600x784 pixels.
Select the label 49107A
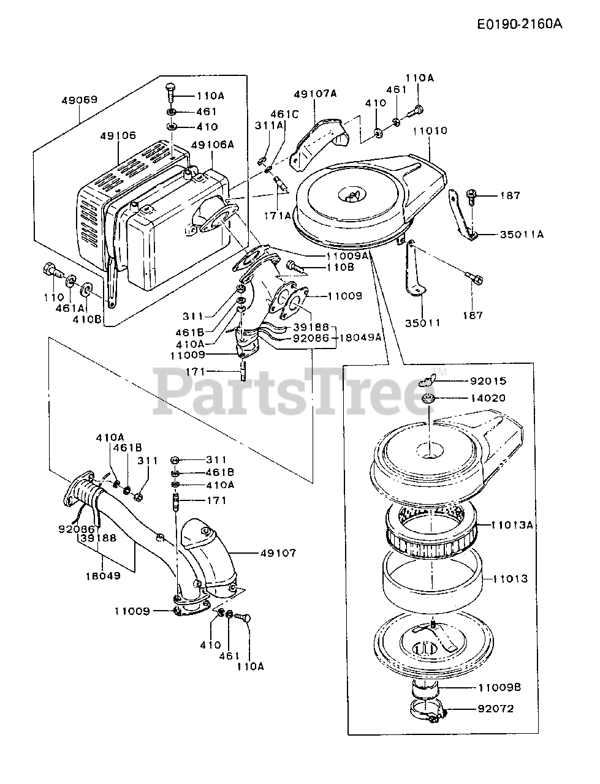(314, 94)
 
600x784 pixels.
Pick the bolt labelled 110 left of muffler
(50, 270)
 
